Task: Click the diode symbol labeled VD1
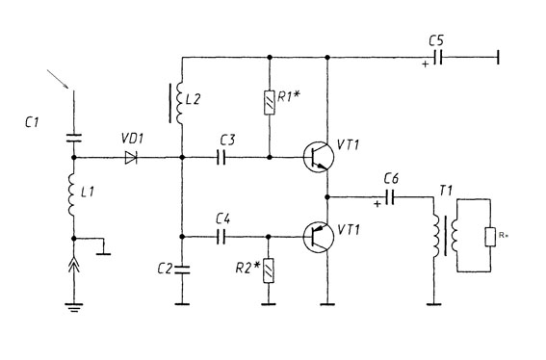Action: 131,158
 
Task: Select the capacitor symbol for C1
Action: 74,139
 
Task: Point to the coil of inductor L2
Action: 180,103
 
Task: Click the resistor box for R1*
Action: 270,102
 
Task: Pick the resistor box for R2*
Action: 269,270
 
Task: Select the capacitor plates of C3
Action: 221,158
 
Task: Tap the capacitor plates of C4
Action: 221,237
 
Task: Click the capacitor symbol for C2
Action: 182,270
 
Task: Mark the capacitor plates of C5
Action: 438,57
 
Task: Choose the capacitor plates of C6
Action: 390,197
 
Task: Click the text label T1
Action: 446,191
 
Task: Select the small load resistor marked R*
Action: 490,237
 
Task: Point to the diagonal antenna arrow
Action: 58,79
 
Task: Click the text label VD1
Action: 132,139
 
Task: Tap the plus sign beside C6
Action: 377,204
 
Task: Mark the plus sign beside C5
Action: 426,64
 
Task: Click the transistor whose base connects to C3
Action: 319,157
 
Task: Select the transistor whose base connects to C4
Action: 319,237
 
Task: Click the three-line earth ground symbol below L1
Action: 74,307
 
